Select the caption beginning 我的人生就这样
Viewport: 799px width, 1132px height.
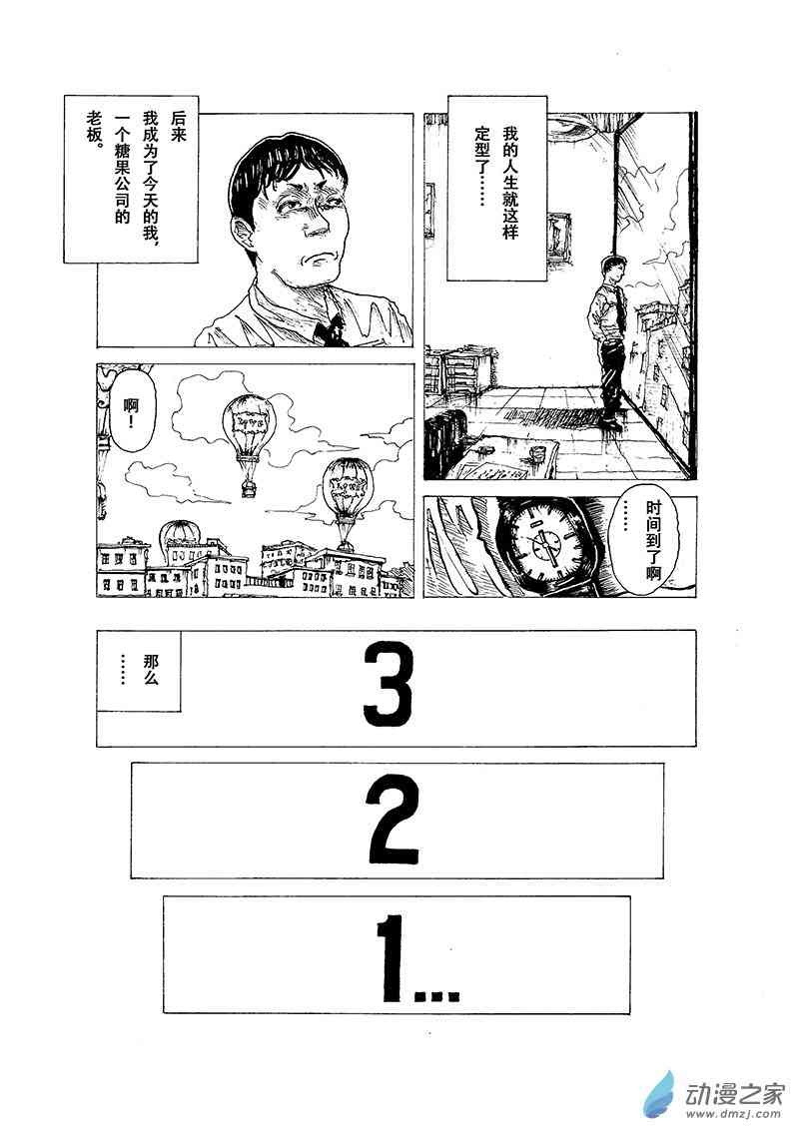tap(497, 188)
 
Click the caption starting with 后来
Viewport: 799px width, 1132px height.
tap(131, 178)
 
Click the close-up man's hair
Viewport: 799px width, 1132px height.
tap(286, 174)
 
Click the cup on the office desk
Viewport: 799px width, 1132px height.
tap(537, 455)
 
